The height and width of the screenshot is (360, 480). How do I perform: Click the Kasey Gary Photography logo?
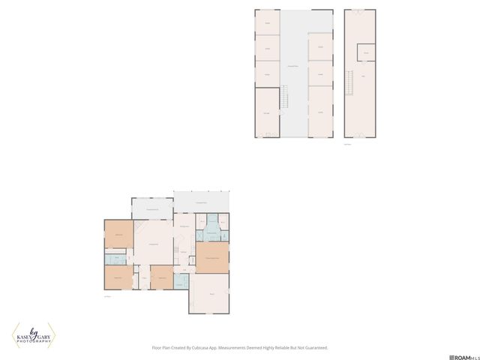click(x=33, y=334)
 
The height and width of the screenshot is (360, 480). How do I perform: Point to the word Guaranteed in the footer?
click(x=312, y=348)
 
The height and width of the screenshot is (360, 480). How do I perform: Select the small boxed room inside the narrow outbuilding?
click(x=366, y=52)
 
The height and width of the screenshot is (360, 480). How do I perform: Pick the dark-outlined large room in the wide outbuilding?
click(x=267, y=112)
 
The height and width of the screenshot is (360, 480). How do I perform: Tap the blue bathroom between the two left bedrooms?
click(x=116, y=259)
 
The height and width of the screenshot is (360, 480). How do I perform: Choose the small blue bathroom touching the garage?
click(x=181, y=281)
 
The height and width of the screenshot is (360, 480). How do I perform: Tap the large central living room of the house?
click(x=154, y=247)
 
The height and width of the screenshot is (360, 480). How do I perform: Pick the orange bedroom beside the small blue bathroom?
click(x=161, y=277)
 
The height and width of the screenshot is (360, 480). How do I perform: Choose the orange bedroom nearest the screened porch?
click(x=118, y=236)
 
